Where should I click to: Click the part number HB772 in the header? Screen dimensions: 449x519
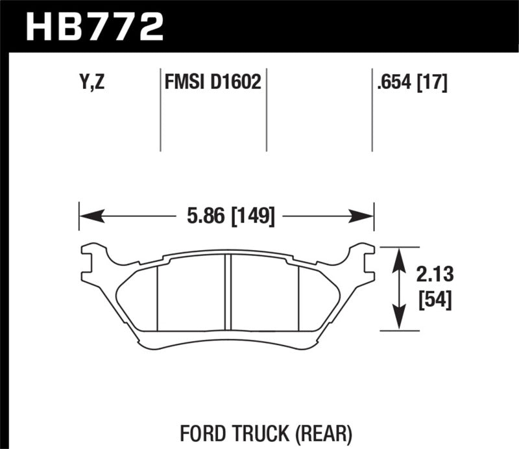93,27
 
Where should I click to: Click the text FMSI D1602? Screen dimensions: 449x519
213,83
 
